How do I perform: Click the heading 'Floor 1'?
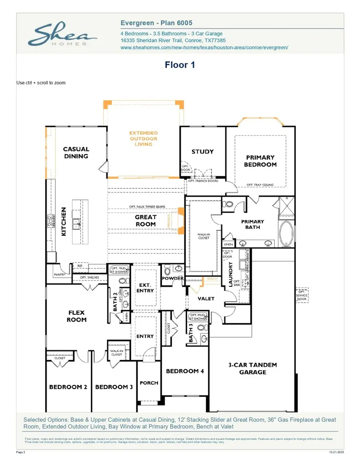pyautogui.click(x=180, y=65)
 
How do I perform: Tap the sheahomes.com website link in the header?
pyautogui.click(x=204, y=47)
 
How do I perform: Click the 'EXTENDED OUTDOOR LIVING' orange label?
pyautogui.click(x=143, y=139)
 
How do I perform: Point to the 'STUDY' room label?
pyautogui.click(x=203, y=152)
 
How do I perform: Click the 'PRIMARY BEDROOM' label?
pyautogui.click(x=260, y=161)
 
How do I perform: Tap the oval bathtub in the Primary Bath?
pyautogui.click(x=286, y=233)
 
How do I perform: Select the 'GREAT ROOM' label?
pyautogui.click(x=146, y=221)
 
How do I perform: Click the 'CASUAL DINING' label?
pyautogui.click(x=76, y=153)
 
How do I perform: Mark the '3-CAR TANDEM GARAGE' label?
pyautogui.click(x=252, y=368)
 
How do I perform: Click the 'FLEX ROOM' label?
pyautogui.click(x=76, y=316)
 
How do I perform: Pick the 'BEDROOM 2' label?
pyautogui.click(x=68, y=387)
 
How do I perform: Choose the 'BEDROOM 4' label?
pyautogui.click(x=185, y=371)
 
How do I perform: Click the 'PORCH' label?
pyautogui.click(x=149, y=383)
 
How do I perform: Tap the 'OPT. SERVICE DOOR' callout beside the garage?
pyautogui.click(x=301, y=295)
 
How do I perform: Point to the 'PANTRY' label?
pyautogui.click(x=59, y=275)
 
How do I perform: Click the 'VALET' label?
pyautogui.click(x=206, y=298)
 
